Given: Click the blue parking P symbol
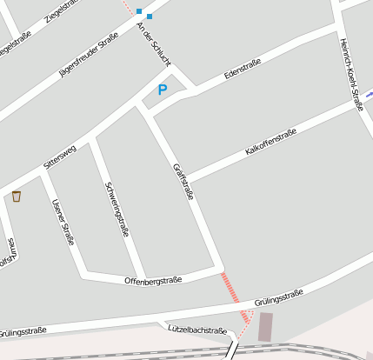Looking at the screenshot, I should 162,90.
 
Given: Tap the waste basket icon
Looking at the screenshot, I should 17,197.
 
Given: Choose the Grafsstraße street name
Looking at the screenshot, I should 183,181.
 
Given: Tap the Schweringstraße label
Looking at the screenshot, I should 117,209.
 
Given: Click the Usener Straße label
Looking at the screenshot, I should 63,222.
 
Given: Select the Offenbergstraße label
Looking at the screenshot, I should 152,280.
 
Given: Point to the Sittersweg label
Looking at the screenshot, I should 60,157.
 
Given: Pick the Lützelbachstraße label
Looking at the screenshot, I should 196,330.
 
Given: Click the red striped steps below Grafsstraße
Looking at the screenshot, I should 230,288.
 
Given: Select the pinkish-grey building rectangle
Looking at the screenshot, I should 265,327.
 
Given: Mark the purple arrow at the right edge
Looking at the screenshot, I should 369,94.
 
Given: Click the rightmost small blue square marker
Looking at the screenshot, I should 150,16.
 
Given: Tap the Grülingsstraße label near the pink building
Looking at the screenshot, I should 279,298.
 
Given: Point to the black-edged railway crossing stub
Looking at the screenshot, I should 231,350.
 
